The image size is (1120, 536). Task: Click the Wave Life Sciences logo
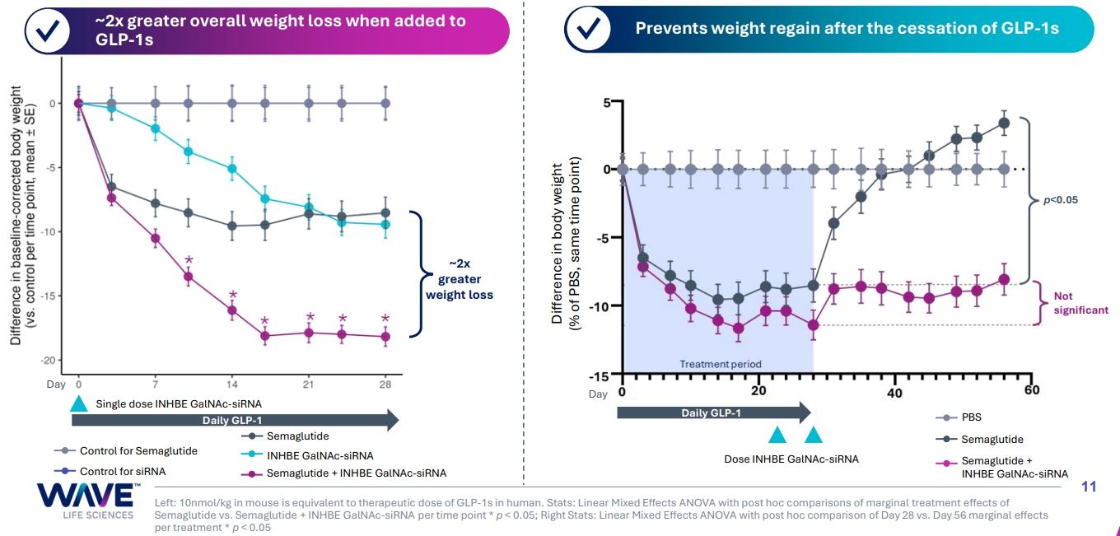tap(86, 501)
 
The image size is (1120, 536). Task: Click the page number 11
tap(1088, 487)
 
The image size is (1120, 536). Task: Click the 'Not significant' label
tap(1080, 303)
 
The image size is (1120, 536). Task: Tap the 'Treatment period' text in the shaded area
tap(721, 364)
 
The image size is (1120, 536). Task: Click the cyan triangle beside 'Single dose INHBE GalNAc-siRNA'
tap(78, 403)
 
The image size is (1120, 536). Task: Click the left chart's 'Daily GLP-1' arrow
tap(235, 422)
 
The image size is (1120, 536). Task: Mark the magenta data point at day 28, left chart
tap(385, 337)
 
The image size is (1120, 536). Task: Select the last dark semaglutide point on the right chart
tap(1004, 124)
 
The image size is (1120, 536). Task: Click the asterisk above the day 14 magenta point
tap(232, 295)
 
